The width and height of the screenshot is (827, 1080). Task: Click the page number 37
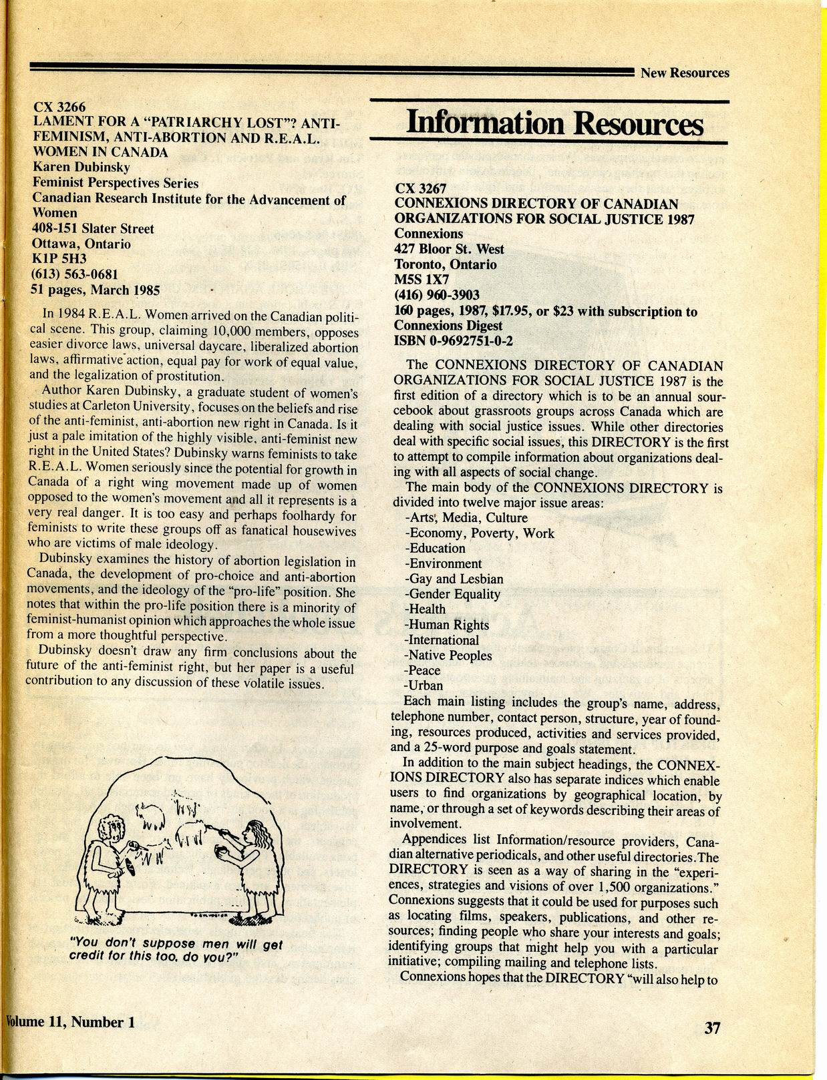(713, 1027)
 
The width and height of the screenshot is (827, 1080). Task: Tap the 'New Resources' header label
(685, 73)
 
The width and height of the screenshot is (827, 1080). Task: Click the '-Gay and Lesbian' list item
(454, 579)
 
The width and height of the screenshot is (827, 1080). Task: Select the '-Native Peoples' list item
(448, 655)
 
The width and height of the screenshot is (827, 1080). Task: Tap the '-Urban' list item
(424, 686)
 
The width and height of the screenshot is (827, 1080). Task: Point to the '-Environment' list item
(443, 563)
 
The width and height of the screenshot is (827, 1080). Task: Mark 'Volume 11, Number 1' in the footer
(65, 1022)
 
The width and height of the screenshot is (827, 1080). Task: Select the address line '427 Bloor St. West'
(450, 249)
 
